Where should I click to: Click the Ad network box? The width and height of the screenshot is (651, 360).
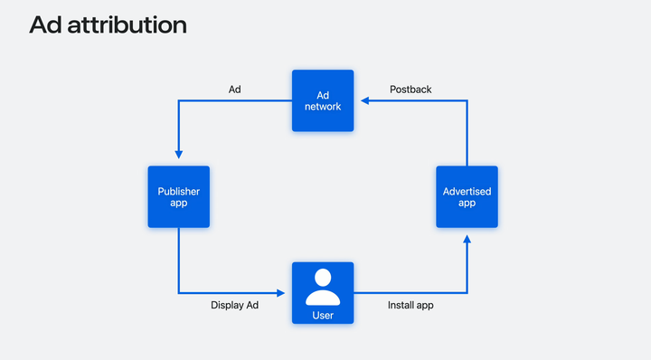(323, 100)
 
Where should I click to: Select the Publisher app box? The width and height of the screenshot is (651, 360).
(178, 197)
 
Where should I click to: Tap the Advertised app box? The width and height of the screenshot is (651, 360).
(467, 197)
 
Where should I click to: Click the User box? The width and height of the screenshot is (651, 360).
(323, 292)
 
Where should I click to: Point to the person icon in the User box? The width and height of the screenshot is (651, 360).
(323, 287)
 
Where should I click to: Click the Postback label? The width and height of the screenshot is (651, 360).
(410, 90)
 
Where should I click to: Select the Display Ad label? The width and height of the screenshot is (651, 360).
(235, 306)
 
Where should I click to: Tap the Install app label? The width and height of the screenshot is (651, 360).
(410, 306)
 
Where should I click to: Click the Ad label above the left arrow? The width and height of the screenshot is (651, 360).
(234, 90)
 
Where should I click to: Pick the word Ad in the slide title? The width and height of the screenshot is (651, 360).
(45, 25)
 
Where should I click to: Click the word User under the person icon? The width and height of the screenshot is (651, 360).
(323, 316)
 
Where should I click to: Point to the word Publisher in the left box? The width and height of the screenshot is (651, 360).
(178, 191)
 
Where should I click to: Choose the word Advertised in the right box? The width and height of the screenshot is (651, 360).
(467, 191)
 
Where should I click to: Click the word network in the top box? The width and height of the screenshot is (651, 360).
(323, 107)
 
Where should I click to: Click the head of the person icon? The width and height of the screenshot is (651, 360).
(323, 277)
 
